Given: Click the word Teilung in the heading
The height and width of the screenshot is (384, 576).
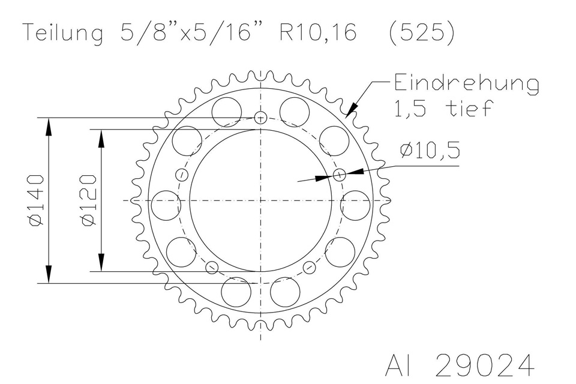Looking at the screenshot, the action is click(63, 32).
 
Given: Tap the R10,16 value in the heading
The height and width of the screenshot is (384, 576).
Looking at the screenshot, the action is click(318, 32).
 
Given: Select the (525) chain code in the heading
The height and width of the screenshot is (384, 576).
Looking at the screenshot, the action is click(421, 33).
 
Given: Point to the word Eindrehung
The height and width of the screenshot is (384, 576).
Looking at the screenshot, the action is click(467, 85).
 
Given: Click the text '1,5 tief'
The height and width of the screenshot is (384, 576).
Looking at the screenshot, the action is click(443, 108).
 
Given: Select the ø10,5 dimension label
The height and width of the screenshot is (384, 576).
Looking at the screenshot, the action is click(430, 151).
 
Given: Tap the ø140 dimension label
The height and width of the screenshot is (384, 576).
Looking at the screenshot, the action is click(37, 200).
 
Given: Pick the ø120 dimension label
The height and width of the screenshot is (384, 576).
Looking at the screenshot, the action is click(89, 200).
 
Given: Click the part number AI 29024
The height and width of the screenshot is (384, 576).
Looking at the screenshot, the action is click(460, 365).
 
